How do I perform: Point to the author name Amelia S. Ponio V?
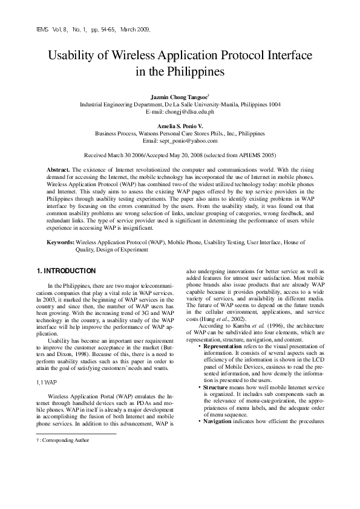(180, 126)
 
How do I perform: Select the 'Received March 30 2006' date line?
(180, 155)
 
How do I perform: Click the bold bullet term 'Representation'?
(223, 346)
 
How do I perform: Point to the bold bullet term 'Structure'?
(215, 386)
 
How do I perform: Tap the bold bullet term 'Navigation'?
(217, 420)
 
